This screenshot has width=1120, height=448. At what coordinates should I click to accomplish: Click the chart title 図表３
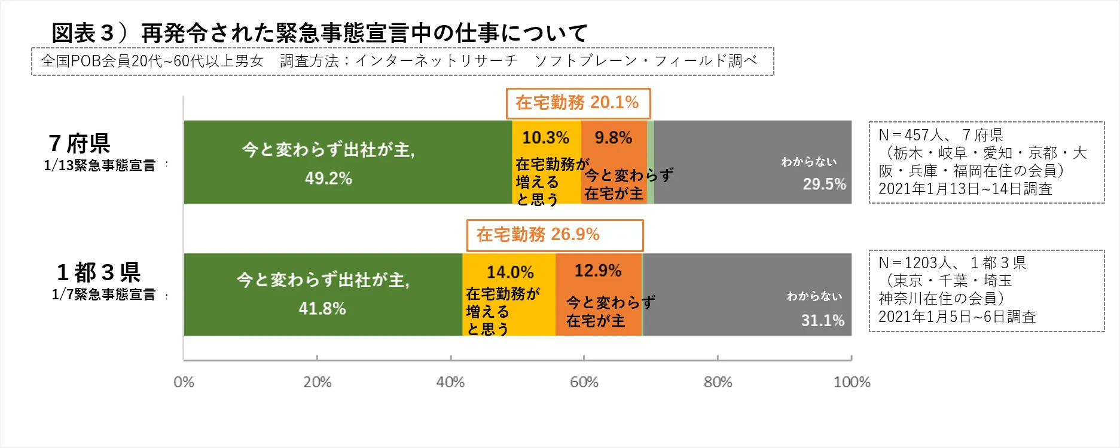point(319,33)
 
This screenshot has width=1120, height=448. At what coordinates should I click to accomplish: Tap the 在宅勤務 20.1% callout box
point(578,103)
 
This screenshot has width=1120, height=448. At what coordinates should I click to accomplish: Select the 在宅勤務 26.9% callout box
point(554,235)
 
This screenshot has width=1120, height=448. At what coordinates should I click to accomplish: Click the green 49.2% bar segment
point(347,162)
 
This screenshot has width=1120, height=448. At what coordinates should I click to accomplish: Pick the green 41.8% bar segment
point(323,294)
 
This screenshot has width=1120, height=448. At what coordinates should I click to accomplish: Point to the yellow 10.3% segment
point(546,162)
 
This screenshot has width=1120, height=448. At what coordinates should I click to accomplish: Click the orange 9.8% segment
point(614,162)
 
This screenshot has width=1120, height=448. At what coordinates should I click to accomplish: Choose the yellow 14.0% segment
point(509,294)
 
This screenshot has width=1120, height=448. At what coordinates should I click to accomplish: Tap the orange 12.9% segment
point(598,294)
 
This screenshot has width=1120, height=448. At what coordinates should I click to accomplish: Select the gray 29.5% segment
point(752,162)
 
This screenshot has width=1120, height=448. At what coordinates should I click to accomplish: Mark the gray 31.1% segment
point(746,294)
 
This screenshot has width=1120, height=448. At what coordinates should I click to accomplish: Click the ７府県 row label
point(80,144)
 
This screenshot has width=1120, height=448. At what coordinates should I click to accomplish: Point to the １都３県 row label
point(99,272)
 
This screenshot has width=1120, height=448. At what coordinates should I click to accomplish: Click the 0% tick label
point(184,382)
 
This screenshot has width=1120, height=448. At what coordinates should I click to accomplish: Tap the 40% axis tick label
point(450,382)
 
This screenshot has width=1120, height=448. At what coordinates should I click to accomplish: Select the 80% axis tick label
point(718,382)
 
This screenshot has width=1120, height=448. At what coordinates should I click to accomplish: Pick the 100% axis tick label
point(852,382)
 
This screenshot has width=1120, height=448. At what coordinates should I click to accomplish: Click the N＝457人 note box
point(986,162)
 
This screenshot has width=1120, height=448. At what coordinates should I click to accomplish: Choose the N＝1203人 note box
point(986,290)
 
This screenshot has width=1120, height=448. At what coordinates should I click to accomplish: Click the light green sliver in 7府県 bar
point(651,162)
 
